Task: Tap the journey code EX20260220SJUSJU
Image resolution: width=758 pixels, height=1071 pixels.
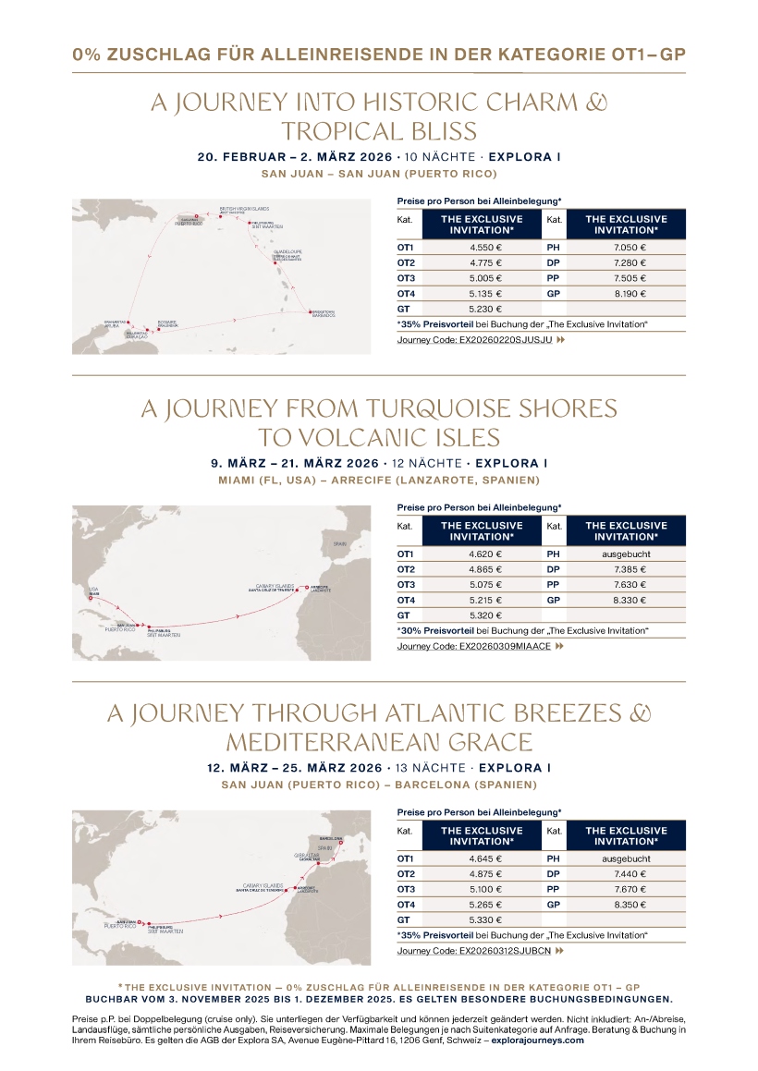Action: pos(474,340)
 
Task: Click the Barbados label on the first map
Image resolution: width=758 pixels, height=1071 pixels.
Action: pos(317,314)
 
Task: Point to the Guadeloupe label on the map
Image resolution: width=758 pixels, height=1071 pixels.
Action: pos(287,251)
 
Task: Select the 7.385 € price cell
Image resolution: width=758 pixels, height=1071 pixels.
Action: pos(630,569)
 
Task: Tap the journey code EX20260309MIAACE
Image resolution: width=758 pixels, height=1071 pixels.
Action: pos(473,646)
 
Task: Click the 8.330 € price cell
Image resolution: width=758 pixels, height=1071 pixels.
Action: pos(630,600)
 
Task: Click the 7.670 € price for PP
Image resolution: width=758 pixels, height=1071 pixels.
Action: pos(630,889)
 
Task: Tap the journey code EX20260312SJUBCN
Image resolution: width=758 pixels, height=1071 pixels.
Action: pos(473,951)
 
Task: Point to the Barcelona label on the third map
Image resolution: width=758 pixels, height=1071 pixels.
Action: pos(331,838)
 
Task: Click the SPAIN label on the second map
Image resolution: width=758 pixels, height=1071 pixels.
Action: pos(339,545)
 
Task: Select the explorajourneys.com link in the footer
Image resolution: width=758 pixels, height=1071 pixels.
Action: pos(537,1040)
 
